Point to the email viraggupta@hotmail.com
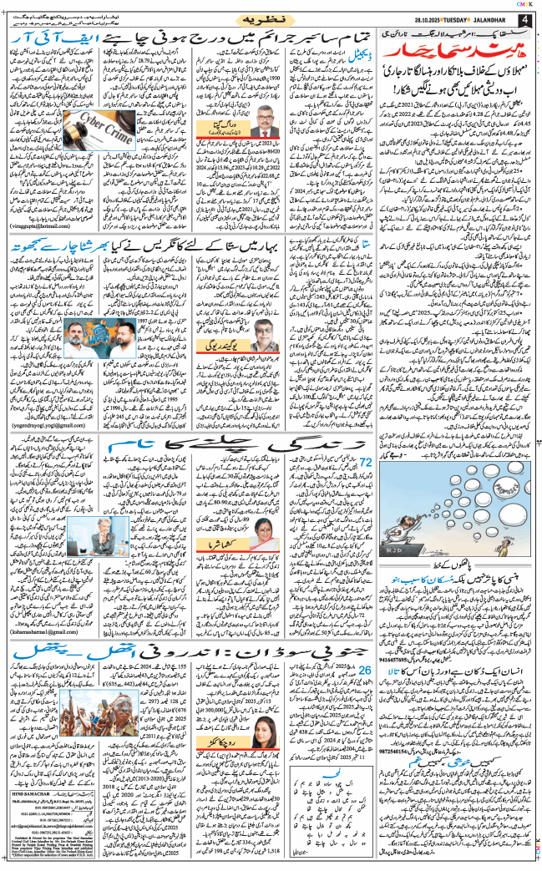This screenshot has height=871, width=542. click(39, 248)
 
